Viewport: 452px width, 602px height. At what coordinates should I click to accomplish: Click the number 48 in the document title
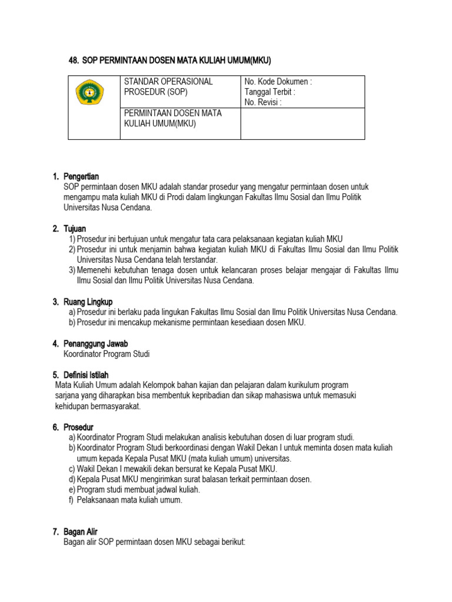tap(74, 60)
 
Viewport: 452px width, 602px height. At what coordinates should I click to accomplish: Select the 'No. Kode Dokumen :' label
tap(278, 82)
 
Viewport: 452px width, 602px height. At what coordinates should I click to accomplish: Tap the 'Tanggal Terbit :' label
tap(270, 92)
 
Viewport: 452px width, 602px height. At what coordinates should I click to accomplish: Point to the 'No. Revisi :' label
tap(263, 103)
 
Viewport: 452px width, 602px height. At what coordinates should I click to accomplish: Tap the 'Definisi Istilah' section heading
tap(89, 374)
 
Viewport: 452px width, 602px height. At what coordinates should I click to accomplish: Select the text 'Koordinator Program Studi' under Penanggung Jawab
tap(107, 354)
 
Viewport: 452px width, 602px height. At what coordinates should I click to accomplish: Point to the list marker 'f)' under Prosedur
tap(72, 500)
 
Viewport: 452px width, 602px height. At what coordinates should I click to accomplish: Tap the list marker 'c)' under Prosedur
tap(72, 469)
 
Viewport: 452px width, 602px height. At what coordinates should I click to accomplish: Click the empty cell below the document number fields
tap(302, 123)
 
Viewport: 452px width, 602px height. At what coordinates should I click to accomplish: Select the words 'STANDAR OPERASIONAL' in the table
tap(168, 82)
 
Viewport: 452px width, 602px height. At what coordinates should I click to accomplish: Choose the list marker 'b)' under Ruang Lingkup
tap(72, 323)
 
